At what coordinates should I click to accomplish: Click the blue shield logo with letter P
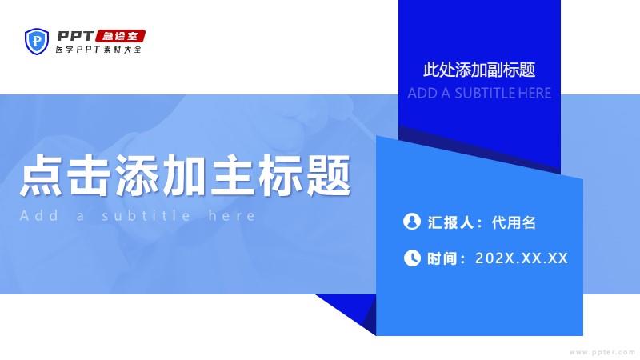pyautogui.click(x=37, y=41)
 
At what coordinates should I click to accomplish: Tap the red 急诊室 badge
pyautogui.click(x=121, y=36)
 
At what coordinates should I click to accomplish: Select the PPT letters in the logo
pyautogui.click(x=75, y=36)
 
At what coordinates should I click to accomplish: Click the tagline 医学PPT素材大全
pyautogui.click(x=98, y=50)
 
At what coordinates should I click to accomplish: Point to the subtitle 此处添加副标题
pyautogui.click(x=479, y=70)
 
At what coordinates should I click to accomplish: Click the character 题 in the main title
pyautogui.click(x=329, y=175)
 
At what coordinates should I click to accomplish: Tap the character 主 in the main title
pyautogui.click(x=233, y=175)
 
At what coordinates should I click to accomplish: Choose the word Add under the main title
pyautogui.click(x=38, y=215)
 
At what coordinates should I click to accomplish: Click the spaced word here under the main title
pyautogui.click(x=231, y=215)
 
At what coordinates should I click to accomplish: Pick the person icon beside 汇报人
pyautogui.click(x=412, y=222)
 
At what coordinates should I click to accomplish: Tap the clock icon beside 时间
pyautogui.click(x=412, y=258)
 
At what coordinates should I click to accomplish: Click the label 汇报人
pyautogui.click(x=450, y=222)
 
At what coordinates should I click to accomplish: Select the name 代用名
pyautogui.click(x=514, y=222)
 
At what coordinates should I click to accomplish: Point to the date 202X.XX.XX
pyautogui.click(x=522, y=258)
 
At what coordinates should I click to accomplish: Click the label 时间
pyautogui.click(x=442, y=258)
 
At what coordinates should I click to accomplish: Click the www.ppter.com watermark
pyautogui.click(x=602, y=352)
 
